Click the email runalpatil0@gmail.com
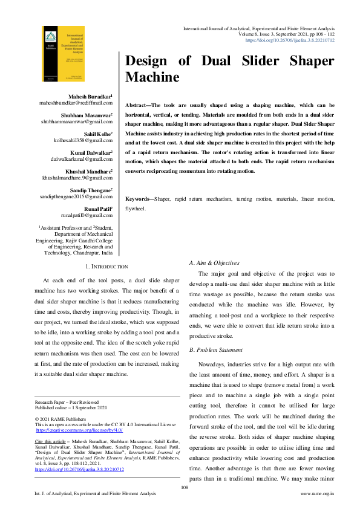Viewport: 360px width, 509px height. [87, 215]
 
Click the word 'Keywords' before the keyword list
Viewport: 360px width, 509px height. [139, 199]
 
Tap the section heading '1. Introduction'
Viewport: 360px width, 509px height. [106, 267]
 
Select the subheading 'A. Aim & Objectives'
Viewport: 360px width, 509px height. [215, 263]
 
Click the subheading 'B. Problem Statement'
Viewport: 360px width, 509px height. [217, 351]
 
